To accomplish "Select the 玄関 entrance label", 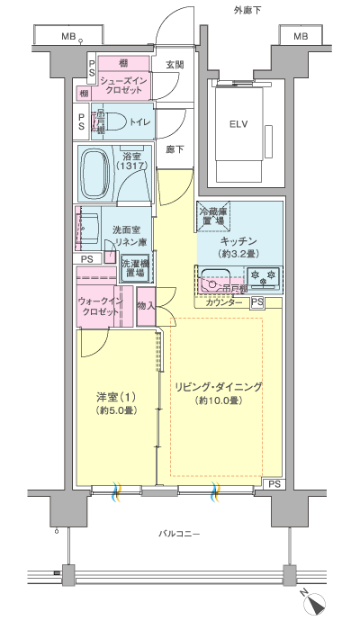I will coord(175,65).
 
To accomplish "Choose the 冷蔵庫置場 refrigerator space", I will coord(212,215).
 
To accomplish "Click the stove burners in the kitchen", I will coord(264,277).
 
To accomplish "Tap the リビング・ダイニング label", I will coord(220,387).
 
